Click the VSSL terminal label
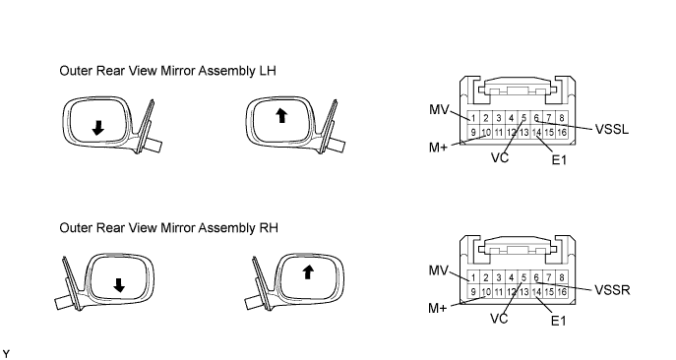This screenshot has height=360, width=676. (x=612, y=129)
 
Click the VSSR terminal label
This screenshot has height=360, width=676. (x=612, y=290)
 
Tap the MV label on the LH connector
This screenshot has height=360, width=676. (x=439, y=109)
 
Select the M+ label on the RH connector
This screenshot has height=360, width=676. (x=438, y=308)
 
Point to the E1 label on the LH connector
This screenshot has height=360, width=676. (x=559, y=160)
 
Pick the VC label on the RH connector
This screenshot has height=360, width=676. (x=499, y=319)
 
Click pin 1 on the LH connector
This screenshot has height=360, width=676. (x=473, y=118)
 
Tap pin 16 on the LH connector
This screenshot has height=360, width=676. (x=562, y=133)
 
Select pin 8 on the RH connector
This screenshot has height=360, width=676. (x=562, y=277)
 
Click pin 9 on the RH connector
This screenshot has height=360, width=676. (x=473, y=292)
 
